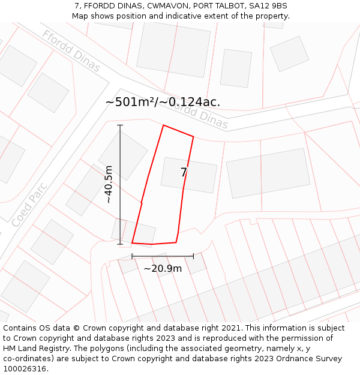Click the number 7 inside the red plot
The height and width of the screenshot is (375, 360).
click(x=184, y=173)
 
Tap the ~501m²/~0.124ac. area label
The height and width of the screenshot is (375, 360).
click(x=163, y=102)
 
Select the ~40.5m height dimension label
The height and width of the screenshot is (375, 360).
click(x=109, y=184)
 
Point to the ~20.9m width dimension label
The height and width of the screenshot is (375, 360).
click(x=163, y=268)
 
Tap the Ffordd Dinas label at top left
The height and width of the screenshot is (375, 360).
click(x=71, y=50)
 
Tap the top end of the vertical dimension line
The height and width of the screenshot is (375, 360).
click(x=120, y=125)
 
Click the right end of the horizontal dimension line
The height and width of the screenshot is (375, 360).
click(x=193, y=256)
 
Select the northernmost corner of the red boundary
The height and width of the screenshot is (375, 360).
click(x=163, y=125)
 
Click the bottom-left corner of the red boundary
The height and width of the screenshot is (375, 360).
click(x=132, y=243)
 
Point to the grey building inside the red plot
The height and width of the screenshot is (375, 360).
click(x=189, y=175)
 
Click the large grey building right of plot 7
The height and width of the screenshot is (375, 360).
click(x=268, y=173)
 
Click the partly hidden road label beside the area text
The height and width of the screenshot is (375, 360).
click(x=207, y=117)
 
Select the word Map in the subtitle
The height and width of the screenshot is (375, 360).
click(x=80, y=16)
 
